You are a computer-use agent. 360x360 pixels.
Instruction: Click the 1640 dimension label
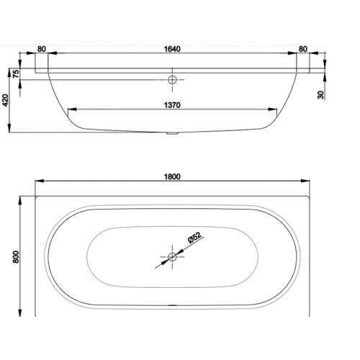click(x=172, y=49)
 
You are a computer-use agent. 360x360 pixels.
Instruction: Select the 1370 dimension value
click(x=172, y=105)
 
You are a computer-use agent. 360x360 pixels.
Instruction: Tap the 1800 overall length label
click(x=172, y=176)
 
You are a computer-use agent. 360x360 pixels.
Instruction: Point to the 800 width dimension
click(x=16, y=256)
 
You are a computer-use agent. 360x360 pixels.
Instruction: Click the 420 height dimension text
click(x=5, y=100)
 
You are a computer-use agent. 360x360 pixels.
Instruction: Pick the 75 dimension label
click(x=16, y=73)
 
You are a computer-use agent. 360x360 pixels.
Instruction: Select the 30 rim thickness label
click(x=320, y=95)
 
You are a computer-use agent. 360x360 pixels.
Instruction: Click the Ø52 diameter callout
click(x=194, y=238)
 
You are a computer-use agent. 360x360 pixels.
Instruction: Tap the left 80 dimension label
click(x=42, y=49)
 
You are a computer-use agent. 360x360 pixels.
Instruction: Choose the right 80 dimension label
click(x=303, y=49)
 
